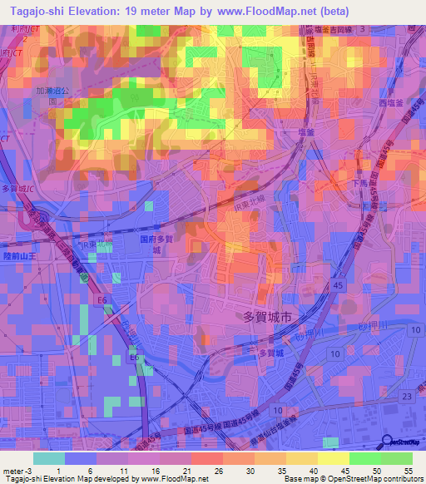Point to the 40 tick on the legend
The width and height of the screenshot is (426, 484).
tap(315, 470)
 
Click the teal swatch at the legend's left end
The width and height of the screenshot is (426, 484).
tap(48, 458)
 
